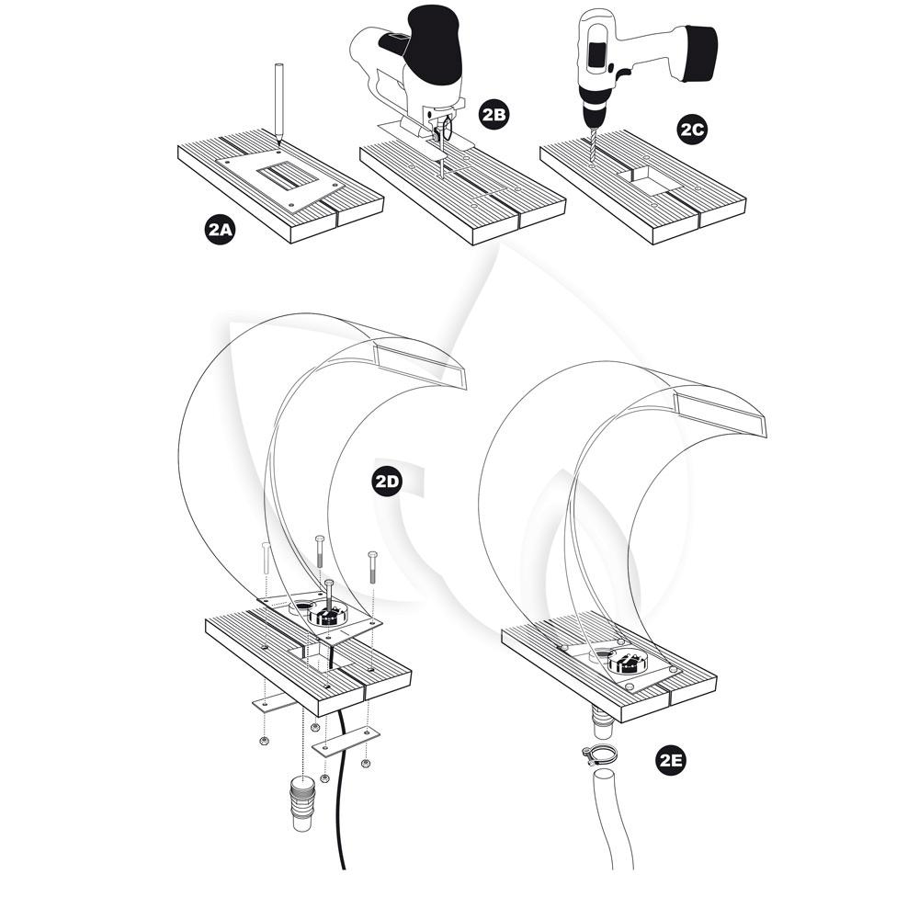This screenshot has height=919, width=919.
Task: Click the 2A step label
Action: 220,229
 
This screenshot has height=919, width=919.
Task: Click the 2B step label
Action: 493,114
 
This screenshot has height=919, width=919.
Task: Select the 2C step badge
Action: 692,129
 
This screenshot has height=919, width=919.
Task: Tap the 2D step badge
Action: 387,482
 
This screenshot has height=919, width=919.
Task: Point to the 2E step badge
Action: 671,760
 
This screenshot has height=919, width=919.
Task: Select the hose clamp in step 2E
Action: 598,754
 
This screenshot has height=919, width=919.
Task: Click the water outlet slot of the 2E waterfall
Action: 720,415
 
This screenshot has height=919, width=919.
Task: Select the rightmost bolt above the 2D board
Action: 371,567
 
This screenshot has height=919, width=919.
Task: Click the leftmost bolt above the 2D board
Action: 267,558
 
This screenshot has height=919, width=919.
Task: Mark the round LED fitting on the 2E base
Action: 626,663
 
